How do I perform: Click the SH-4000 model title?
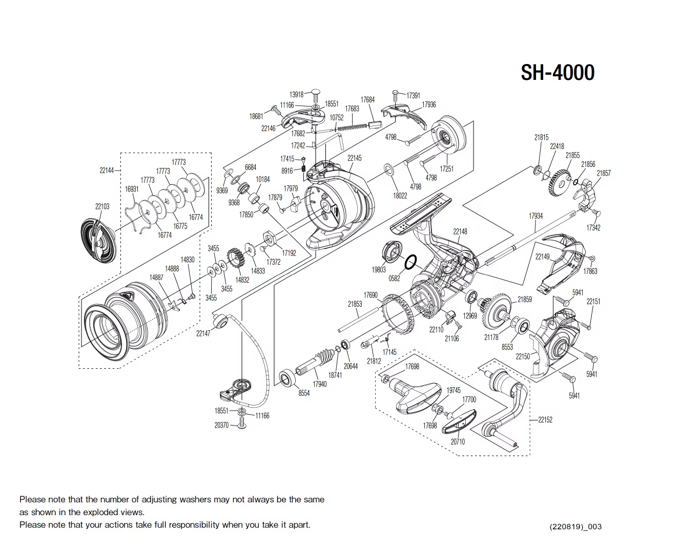pos(558,73)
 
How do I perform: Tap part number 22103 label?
pos(102,206)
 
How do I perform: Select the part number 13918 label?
pos(296,95)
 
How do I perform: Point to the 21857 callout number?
pos(604,174)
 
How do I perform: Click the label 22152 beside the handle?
pos(545,420)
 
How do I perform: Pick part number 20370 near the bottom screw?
pos(221,425)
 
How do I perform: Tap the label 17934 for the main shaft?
pos(536,216)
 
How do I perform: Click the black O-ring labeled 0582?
pos(410,263)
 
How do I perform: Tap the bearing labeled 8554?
pos(286,379)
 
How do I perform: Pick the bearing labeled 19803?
pos(393,251)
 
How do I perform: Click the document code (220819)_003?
pos(575,526)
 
